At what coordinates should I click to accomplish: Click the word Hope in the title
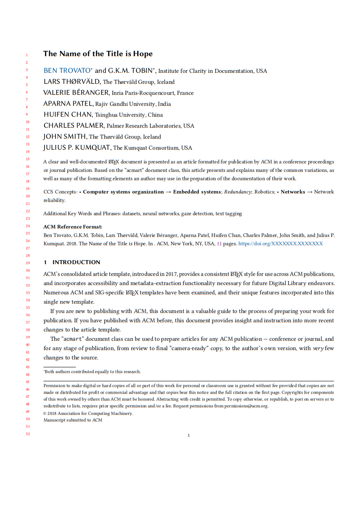(143, 54)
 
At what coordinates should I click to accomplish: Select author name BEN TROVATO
(67, 71)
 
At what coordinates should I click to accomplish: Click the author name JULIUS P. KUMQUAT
(77, 148)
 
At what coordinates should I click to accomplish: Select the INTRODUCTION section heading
(76, 262)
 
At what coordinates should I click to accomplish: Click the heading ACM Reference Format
(73, 227)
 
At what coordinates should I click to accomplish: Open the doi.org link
(281, 243)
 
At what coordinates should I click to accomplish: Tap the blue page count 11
(219, 243)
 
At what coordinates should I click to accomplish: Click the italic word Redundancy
(238, 192)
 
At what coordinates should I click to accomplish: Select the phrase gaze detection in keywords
(197, 214)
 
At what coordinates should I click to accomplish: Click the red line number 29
(28, 263)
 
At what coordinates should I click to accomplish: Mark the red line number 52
(28, 433)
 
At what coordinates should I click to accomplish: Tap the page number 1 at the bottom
(188, 435)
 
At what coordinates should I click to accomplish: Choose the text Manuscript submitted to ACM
(73, 420)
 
